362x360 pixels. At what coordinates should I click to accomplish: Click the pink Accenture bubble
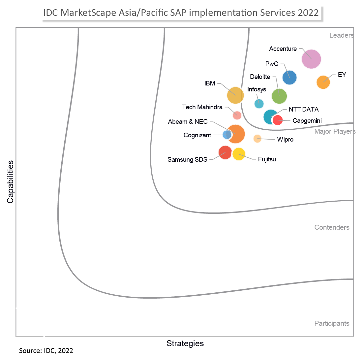click(311, 59)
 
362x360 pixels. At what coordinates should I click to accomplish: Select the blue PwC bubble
click(289, 78)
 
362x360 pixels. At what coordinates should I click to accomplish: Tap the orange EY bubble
click(323, 82)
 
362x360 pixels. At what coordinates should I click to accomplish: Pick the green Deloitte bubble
click(279, 96)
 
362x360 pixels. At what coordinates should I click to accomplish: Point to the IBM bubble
click(235, 95)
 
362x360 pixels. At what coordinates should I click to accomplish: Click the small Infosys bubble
click(259, 104)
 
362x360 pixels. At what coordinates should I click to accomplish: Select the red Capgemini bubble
click(278, 120)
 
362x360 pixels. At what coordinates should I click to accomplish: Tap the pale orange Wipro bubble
click(257, 139)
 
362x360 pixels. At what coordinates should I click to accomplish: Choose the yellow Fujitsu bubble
click(239, 154)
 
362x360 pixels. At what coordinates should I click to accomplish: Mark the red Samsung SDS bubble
click(225, 152)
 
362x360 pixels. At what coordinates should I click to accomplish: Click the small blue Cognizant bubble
click(227, 135)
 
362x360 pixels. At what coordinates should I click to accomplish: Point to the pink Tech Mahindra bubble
click(237, 115)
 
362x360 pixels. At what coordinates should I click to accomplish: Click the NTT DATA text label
click(304, 110)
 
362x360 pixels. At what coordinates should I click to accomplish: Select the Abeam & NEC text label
click(188, 122)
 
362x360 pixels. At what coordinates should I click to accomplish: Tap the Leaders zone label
click(341, 35)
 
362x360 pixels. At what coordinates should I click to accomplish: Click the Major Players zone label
click(335, 132)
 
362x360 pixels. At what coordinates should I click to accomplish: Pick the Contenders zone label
click(332, 227)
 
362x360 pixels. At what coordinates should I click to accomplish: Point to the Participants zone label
click(332, 323)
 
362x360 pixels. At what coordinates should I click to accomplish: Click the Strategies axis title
click(185, 343)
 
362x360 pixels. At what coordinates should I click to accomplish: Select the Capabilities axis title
click(11, 182)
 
